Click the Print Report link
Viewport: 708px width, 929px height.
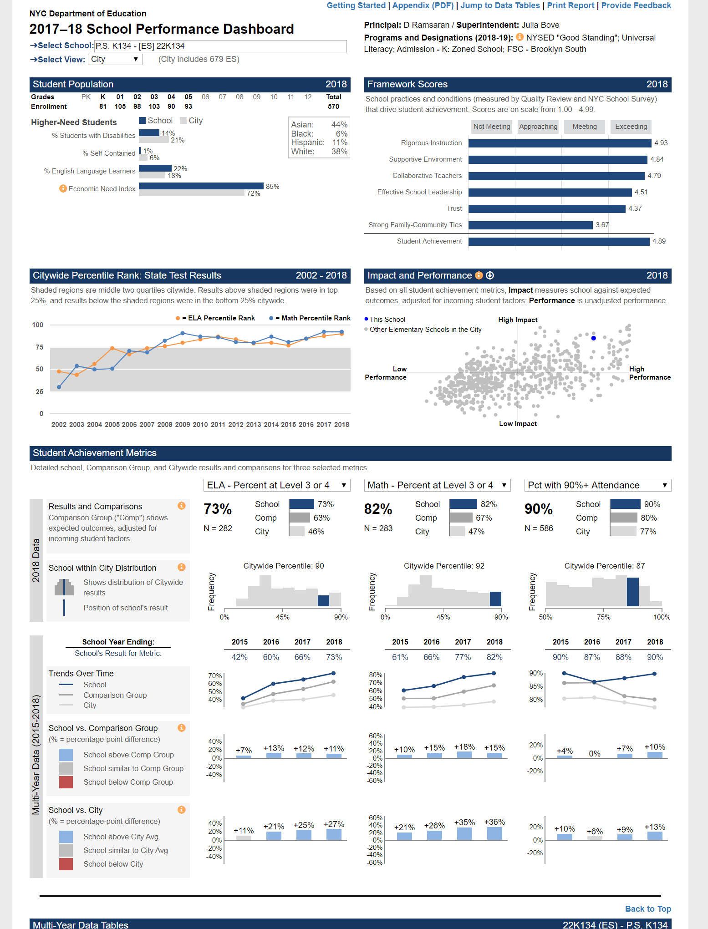(570, 5)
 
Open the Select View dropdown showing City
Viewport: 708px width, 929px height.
(115, 59)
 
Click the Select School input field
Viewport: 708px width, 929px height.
(220, 46)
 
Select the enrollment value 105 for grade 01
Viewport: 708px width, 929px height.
(120, 107)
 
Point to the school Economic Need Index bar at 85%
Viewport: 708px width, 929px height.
(201, 186)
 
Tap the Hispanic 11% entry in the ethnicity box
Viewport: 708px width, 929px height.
(319, 142)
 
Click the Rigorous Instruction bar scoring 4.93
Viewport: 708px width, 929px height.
(560, 143)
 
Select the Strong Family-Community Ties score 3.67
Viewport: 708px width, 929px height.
(602, 225)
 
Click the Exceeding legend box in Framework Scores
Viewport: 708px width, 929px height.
(631, 127)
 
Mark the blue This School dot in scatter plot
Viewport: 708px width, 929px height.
(593, 338)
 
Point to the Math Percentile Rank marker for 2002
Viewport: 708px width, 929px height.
(59, 387)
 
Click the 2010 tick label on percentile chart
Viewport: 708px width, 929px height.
(200, 425)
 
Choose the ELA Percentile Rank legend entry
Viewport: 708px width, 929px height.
(216, 318)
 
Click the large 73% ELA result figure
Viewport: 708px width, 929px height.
(218, 509)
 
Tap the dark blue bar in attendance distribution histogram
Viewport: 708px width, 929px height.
(632, 592)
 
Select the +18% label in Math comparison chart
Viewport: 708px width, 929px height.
(464, 747)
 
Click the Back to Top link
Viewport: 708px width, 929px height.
(647, 909)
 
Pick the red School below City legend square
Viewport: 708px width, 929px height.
(66, 864)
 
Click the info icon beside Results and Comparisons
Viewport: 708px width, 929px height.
(181, 506)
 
